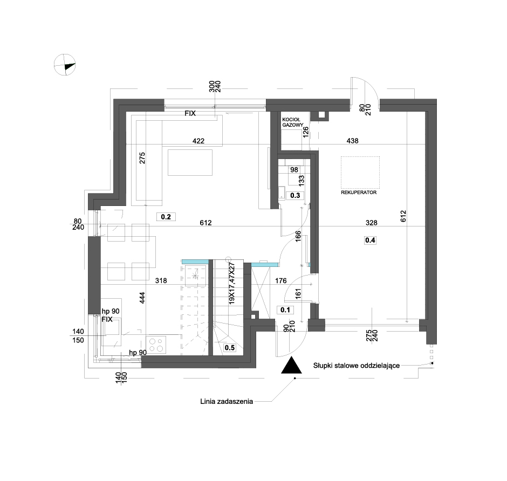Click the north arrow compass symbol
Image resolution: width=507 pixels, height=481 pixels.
point(65,65)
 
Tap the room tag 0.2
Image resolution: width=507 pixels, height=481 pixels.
point(166,217)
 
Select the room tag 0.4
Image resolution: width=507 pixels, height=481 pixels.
point(370,240)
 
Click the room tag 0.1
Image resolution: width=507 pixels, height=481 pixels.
point(285,310)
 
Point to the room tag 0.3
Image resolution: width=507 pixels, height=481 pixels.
point(295,195)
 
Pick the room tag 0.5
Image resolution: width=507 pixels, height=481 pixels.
point(230,347)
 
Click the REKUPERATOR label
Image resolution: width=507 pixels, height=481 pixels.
point(359,193)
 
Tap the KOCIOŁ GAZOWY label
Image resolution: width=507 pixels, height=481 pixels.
point(292,122)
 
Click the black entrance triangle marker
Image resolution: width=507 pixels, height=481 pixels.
point(291,365)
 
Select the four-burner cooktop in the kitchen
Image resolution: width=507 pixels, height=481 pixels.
point(156,344)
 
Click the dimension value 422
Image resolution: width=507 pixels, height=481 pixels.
point(198,141)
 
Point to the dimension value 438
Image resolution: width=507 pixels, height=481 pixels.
point(352,141)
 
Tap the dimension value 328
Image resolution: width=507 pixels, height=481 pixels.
point(371,223)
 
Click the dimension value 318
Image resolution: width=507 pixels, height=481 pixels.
point(161,280)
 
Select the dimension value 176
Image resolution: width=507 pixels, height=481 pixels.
point(280,280)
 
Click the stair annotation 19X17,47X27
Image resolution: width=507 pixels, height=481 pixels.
point(231,284)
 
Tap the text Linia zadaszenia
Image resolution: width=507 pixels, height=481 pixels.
point(227,402)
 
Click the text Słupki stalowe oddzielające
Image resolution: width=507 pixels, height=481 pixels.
point(357,366)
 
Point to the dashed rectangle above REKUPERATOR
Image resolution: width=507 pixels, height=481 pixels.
point(360,173)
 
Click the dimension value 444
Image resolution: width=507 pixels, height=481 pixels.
point(142,298)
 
